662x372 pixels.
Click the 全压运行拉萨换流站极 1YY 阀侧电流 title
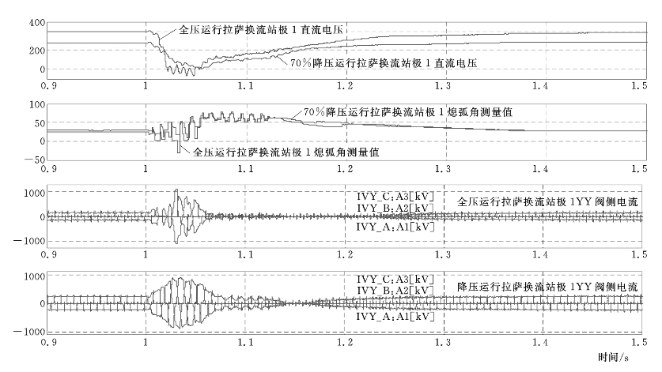click(x=548, y=201)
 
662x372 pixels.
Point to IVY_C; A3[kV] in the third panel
click(x=395, y=195)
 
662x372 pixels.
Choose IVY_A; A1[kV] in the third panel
click(x=395, y=227)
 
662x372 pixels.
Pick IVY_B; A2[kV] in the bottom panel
click(x=395, y=291)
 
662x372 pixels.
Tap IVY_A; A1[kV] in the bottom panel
click(x=395, y=315)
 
